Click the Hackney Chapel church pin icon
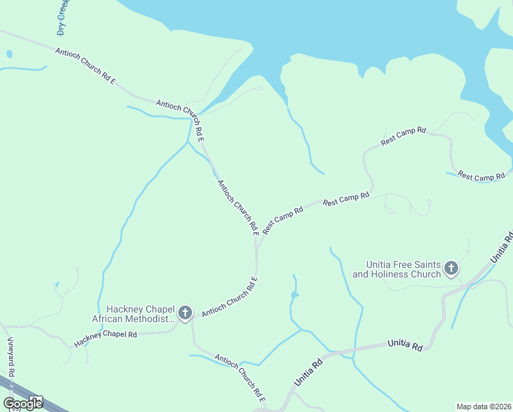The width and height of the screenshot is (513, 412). click(184, 313)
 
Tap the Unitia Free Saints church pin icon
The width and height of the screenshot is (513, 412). click(451, 268)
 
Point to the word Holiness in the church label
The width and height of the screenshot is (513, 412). click(407, 275)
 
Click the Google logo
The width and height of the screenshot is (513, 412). click(22, 403)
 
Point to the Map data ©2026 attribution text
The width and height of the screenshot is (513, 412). click(483, 406)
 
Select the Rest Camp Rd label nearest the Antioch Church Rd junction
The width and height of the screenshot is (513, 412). click(283, 220)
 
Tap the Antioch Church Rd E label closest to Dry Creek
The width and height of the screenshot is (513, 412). click(85, 66)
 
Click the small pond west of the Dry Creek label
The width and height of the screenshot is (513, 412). click(9, 54)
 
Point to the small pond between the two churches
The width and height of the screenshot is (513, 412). click(294, 295)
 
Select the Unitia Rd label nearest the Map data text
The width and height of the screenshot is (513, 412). click(405, 345)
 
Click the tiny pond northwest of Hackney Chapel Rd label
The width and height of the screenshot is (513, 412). click(56, 284)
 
